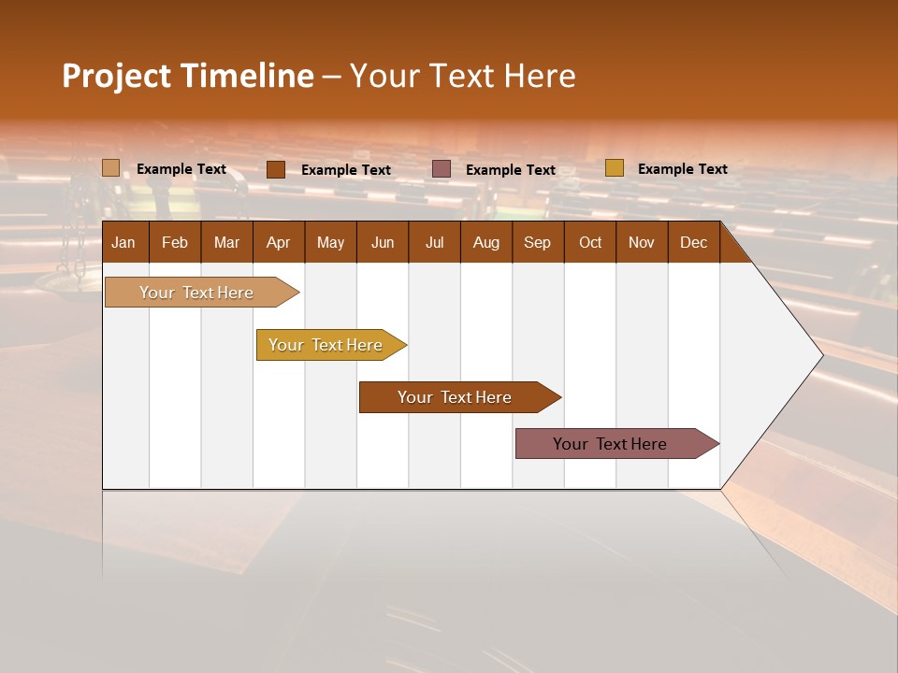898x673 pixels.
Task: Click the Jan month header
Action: [x=123, y=242]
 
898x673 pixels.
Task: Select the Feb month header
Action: [x=175, y=242]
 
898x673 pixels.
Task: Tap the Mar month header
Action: [x=226, y=242]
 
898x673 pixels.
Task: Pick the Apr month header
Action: [x=279, y=242]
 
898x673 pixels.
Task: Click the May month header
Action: [x=330, y=242]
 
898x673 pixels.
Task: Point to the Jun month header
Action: [x=383, y=242]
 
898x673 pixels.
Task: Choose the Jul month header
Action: [x=434, y=242]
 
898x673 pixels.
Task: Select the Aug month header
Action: [x=486, y=242]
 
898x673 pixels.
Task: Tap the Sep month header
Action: [x=538, y=242]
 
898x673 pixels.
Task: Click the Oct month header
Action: [x=590, y=242]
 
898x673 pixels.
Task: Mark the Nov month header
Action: [x=642, y=242]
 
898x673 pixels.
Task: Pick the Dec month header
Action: [x=694, y=242]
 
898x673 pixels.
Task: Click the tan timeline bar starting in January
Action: [x=197, y=293]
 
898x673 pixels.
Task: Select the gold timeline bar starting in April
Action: [x=326, y=345]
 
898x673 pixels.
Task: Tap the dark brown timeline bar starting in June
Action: [x=456, y=397]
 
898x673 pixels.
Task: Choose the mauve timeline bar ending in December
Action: [x=611, y=444]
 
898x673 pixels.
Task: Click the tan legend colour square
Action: [x=111, y=168]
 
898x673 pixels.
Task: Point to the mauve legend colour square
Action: [x=442, y=169]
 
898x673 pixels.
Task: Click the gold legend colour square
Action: [x=614, y=168]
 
